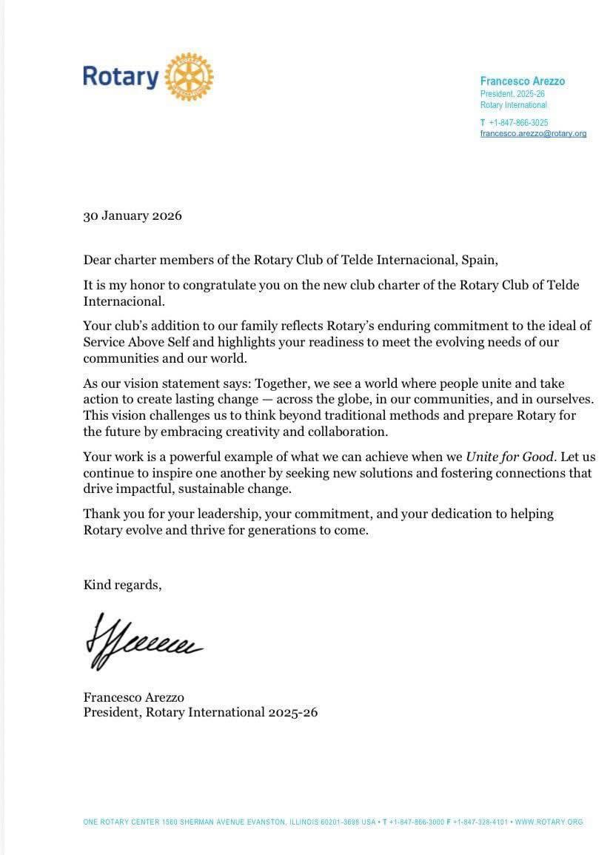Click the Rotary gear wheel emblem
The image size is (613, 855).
click(189, 77)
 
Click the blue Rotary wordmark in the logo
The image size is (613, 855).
click(120, 77)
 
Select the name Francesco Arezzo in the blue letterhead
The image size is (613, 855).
click(522, 81)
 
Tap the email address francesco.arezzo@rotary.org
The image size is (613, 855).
click(533, 134)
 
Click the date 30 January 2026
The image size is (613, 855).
click(133, 216)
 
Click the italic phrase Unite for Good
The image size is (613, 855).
click(510, 457)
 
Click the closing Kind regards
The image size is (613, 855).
click(122, 585)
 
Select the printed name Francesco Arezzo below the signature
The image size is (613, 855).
click(133, 697)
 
